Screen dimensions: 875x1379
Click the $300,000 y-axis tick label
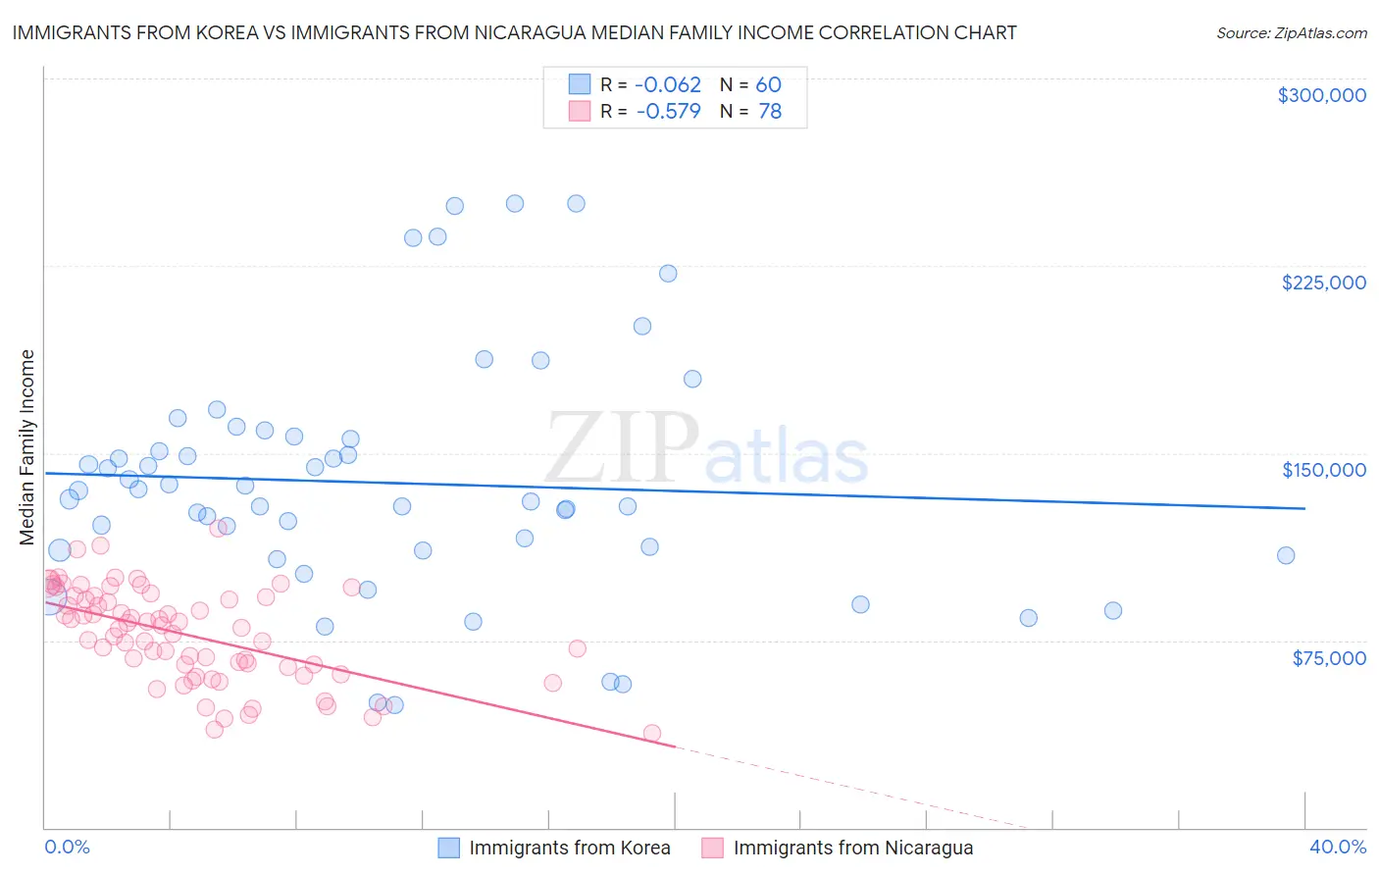1321,95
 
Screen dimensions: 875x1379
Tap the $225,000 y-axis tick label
1323,283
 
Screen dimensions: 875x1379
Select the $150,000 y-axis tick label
1323,470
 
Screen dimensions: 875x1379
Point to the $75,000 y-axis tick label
1328,658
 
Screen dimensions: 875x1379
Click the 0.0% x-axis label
67,847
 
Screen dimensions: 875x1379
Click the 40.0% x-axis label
1337,847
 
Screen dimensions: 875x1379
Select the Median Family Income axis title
27,447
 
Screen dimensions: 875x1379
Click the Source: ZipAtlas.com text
1291,32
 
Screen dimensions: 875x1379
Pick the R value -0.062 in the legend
668,85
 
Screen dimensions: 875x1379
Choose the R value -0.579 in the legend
668,112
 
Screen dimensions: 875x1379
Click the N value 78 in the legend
770,112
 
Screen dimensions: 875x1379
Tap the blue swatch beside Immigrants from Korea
449,848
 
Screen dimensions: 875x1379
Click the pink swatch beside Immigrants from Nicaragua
713,848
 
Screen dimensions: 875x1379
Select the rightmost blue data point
1286,555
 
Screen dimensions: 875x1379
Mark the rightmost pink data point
651,733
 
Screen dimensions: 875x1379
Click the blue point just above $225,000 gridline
668,274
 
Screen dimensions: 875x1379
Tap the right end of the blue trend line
1304,508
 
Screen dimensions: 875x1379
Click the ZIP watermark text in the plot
622,448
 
